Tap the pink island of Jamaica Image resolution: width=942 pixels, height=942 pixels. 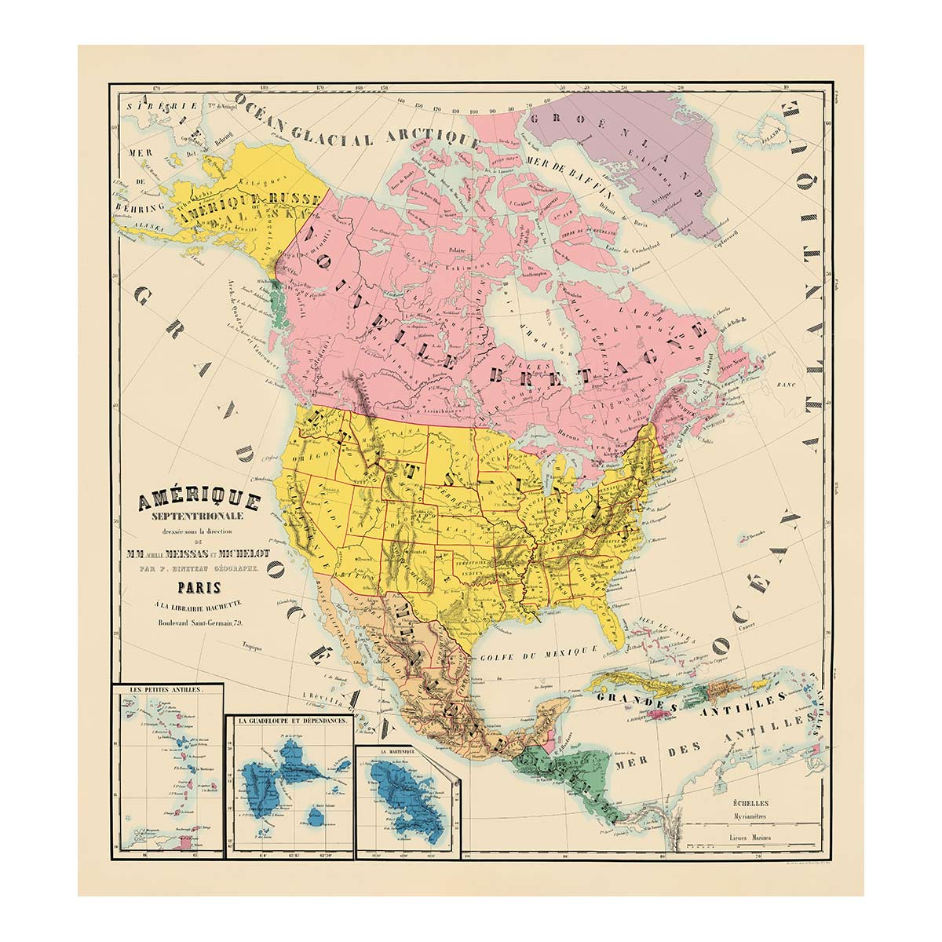[637, 711]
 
